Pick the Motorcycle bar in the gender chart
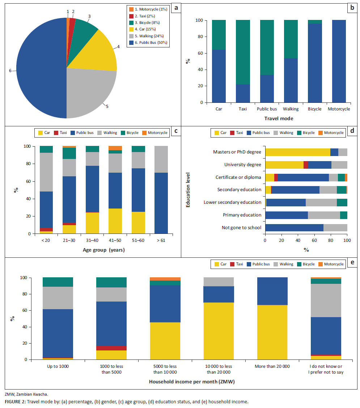[339, 61]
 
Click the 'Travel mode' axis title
[279, 118]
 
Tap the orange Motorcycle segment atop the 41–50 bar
[115, 148]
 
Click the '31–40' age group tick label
[92, 240]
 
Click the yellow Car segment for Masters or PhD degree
[297, 152]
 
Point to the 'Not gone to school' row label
[241, 228]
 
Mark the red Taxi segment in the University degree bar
[306, 165]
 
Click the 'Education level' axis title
[188, 190]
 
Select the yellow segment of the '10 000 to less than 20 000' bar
[219, 331]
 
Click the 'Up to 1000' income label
[58, 366]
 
